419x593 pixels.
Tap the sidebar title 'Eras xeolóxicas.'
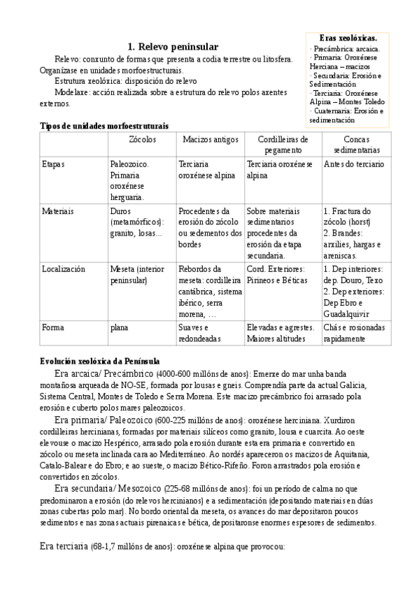pyautogui.click(x=348, y=38)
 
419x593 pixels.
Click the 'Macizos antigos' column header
pyautogui.click(x=208, y=140)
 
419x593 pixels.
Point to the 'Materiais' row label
pyautogui.click(x=58, y=210)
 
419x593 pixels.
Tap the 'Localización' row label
pyautogui.click(x=64, y=269)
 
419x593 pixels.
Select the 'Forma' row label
pyautogui.click(x=52, y=327)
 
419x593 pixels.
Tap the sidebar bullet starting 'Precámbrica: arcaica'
pyautogui.click(x=346, y=50)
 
